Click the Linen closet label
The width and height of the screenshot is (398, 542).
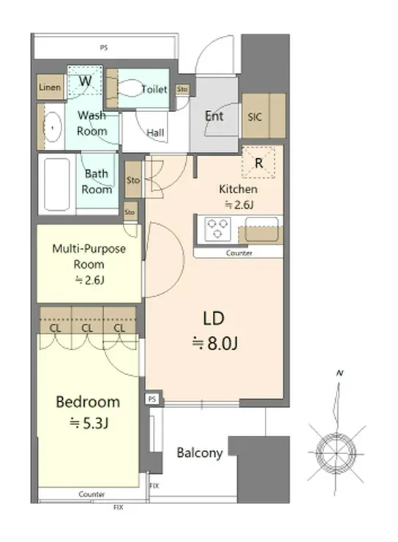pyautogui.click(x=50, y=87)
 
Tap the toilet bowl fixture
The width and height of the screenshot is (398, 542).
pyautogui.click(x=129, y=88)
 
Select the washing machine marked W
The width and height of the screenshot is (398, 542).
pyautogui.click(x=85, y=81)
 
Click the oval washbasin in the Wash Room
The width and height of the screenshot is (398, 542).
pyautogui.click(x=53, y=127)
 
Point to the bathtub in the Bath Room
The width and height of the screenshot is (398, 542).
pyautogui.click(x=57, y=185)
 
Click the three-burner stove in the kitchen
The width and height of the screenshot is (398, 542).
pyautogui.click(x=217, y=229)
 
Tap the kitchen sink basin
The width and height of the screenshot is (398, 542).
pyautogui.click(x=262, y=229)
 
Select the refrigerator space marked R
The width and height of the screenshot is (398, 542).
pyautogui.click(x=258, y=163)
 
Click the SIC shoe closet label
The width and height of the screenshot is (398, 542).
pyautogui.click(x=255, y=117)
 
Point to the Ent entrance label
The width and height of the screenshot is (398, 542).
pyautogui.click(x=214, y=116)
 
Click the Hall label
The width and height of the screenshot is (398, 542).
pyautogui.click(x=155, y=133)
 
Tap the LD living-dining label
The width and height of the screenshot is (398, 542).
pyautogui.click(x=214, y=319)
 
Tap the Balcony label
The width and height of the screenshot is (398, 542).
pyautogui.click(x=200, y=453)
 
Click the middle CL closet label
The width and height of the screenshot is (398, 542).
pyautogui.click(x=87, y=328)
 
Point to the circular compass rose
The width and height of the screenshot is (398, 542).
pyautogui.click(x=337, y=453)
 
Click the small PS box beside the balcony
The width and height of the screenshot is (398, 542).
pyautogui.click(x=152, y=399)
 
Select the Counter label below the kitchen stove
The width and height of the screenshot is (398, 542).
pyautogui.click(x=239, y=253)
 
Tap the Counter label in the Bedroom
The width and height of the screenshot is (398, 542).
pyautogui.click(x=91, y=494)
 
